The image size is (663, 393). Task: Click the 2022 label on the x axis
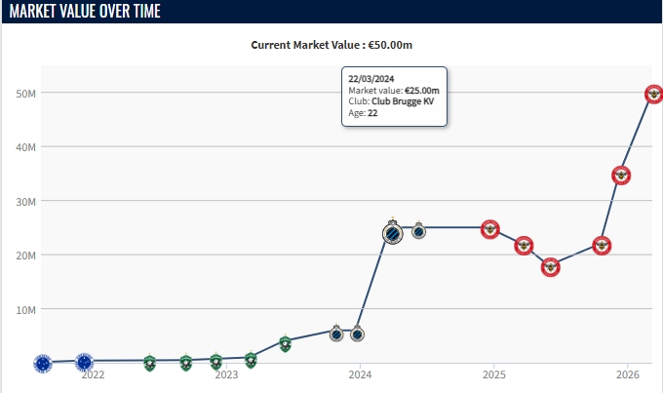pyautogui.click(x=94, y=374)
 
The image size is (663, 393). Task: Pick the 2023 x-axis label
pyautogui.click(x=226, y=374)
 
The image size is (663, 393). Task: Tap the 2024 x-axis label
pyautogui.click(x=360, y=374)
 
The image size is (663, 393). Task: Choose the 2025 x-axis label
pyautogui.click(x=493, y=374)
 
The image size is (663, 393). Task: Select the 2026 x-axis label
pyautogui.click(x=627, y=374)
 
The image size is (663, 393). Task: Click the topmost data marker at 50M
pyautogui.click(x=655, y=94)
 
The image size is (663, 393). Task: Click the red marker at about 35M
pyautogui.click(x=621, y=176)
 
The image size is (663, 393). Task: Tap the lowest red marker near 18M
pyautogui.click(x=551, y=267)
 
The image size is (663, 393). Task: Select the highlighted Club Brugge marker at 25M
pyautogui.click(x=391, y=234)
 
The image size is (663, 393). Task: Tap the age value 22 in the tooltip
pyautogui.click(x=372, y=113)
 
